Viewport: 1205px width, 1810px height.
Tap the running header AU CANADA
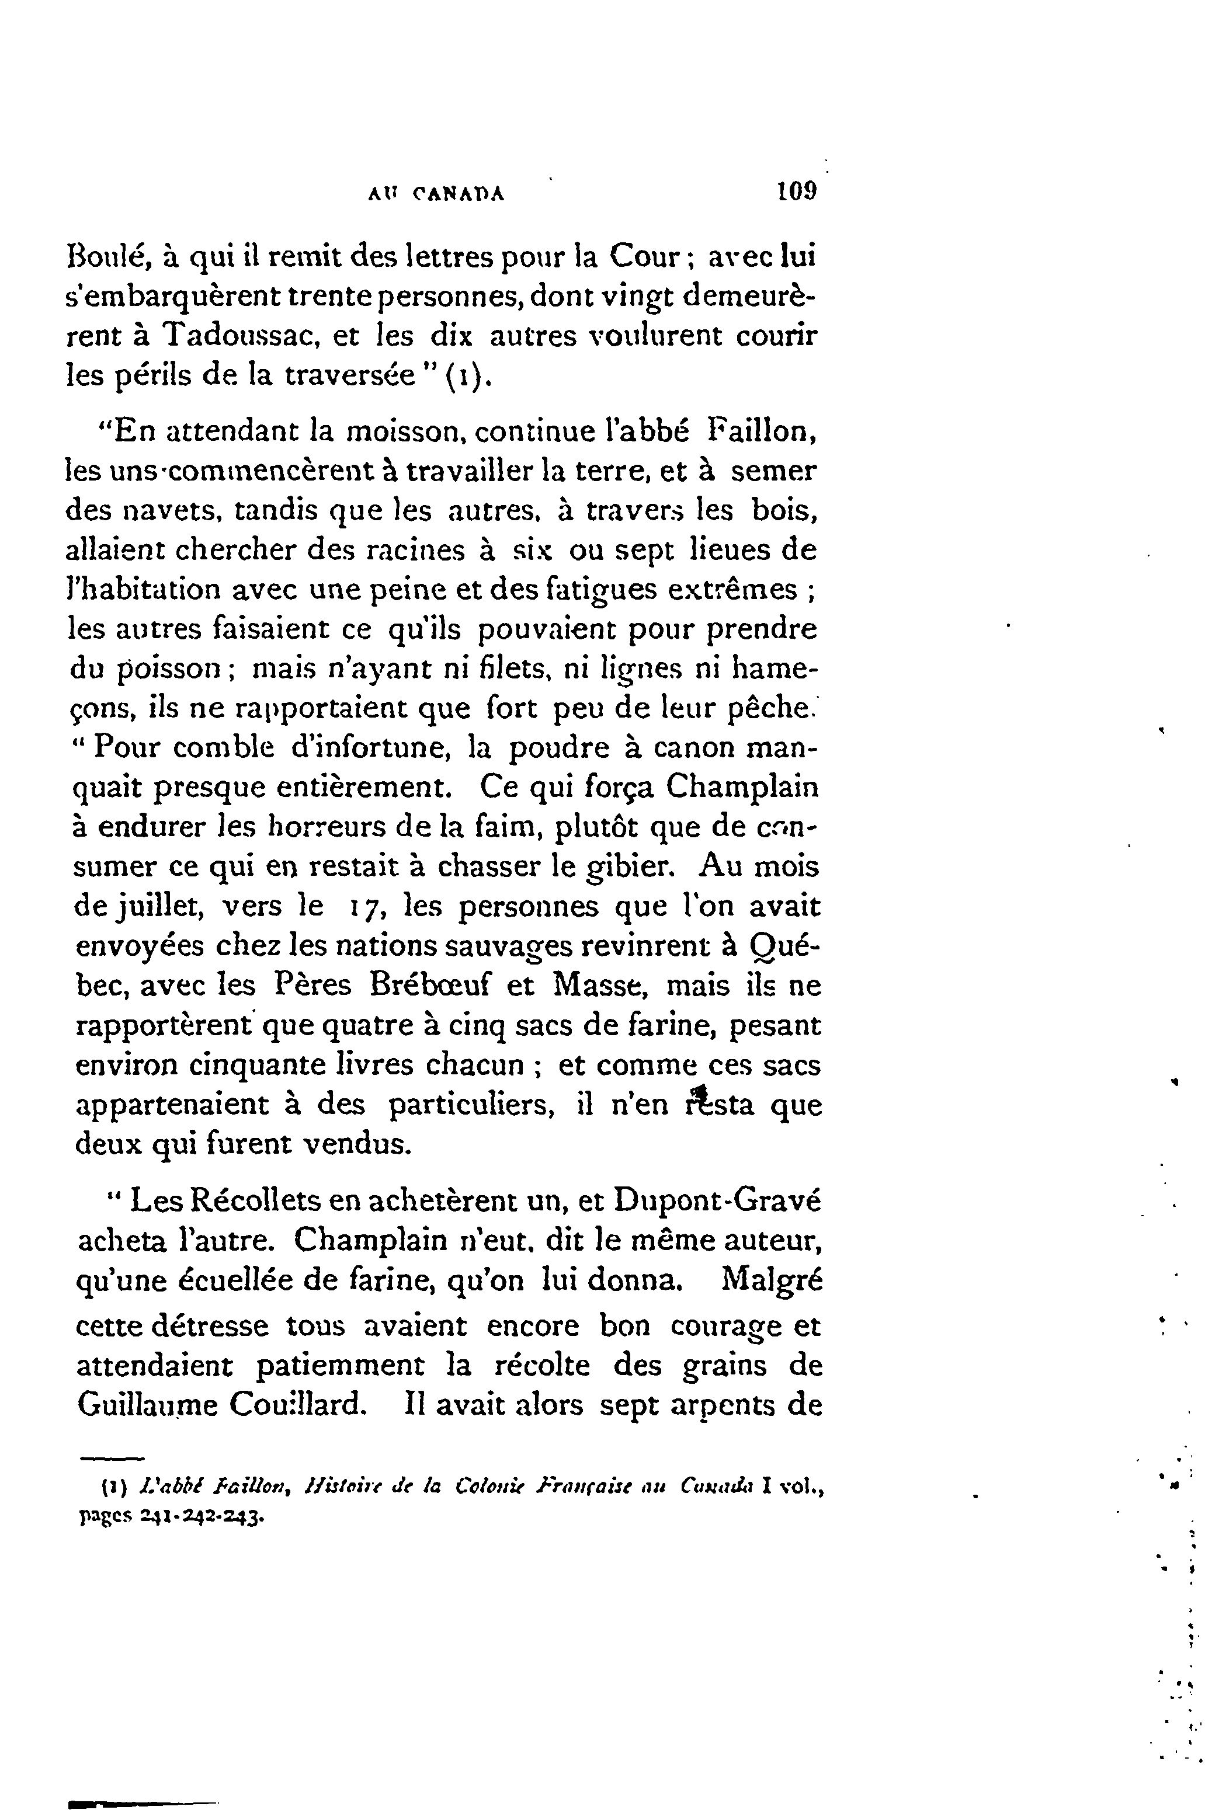click(x=436, y=194)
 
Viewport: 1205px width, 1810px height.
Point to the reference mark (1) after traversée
click(x=465, y=377)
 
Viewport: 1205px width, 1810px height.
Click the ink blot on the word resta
click(x=699, y=1095)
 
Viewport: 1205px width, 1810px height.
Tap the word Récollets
click(x=272, y=1202)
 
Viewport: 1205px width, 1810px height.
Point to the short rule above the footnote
click(x=112, y=1457)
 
